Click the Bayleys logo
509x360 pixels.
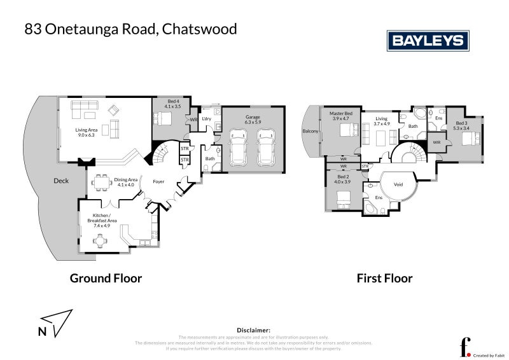pos(428,41)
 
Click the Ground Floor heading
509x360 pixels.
pos(106,278)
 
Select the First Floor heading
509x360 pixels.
pos(384,278)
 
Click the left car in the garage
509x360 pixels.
pos(238,148)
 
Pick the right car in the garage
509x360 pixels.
pos(266,148)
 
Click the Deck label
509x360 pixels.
pos(61,181)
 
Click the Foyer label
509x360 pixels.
pos(158,181)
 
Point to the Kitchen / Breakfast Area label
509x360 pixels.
pos(102,221)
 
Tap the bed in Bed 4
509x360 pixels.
pos(163,118)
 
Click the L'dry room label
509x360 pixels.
pos(206,119)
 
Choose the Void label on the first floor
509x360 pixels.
pos(399,185)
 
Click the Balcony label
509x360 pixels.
pos(310,132)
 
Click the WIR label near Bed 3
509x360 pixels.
pos(436,142)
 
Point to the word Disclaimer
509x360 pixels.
pos(254,330)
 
